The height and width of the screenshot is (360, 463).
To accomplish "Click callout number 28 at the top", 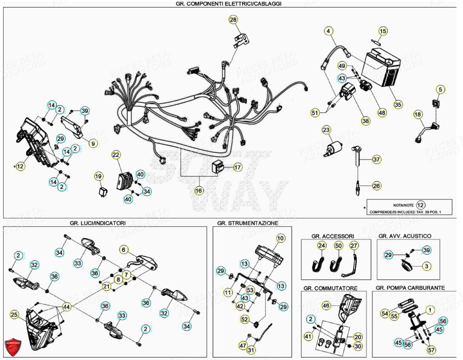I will (233, 20).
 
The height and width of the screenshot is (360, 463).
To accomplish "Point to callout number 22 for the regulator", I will (116, 155).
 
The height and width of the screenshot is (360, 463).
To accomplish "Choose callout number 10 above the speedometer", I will (280, 238).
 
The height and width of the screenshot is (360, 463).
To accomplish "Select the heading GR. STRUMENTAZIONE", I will (247, 223).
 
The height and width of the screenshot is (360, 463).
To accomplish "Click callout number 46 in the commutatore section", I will (326, 305).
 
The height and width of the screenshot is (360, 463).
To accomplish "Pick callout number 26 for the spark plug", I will (376, 185).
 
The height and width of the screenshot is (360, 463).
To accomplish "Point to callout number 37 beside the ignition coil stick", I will (376, 160).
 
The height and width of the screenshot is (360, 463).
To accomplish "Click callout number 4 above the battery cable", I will (329, 31).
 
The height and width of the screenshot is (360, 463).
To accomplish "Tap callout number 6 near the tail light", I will (124, 250).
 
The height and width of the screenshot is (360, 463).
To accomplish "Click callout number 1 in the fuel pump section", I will (429, 310).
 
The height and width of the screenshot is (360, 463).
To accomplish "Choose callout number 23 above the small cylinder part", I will (327, 130).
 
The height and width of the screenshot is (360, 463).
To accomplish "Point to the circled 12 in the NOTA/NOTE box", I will (420, 205).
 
